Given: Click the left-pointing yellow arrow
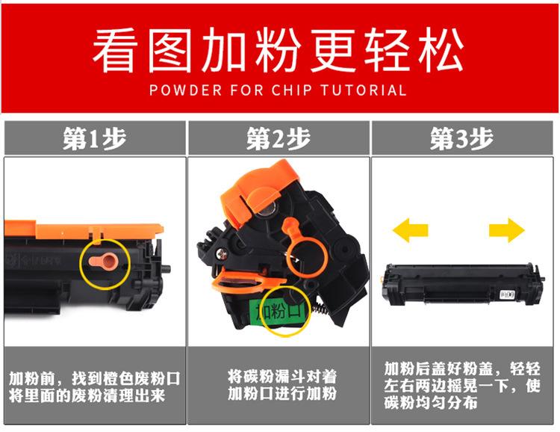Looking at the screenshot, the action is (x=410, y=230).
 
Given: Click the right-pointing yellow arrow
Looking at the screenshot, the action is (x=507, y=230).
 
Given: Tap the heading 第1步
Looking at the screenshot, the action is (x=95, y=138).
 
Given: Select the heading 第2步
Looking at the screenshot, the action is (x=279, y=138).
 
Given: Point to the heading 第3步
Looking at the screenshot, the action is (x=461, y=138).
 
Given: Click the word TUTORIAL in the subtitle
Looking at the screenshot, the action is (x=363, y=90).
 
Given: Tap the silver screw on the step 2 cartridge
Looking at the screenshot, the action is (x=222, y=254).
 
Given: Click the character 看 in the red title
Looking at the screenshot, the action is (x=113, y=50).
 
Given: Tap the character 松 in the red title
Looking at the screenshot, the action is (x=441, y=50).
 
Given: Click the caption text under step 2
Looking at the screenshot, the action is (x=282, y=385).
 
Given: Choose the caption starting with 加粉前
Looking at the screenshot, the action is (x=95, y=387).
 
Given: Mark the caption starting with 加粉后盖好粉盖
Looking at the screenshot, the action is (x=462, y=385).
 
